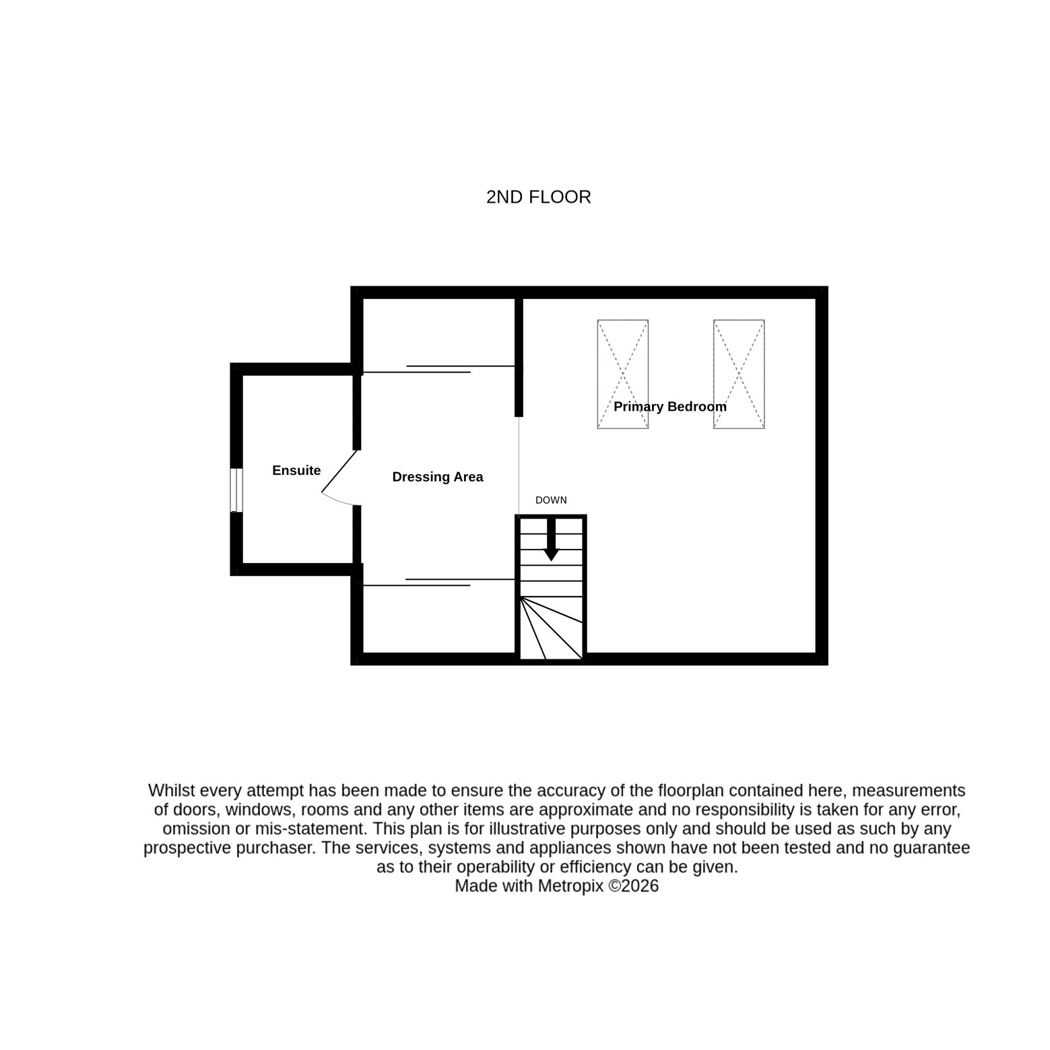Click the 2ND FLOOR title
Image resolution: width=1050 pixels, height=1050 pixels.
tap(538, 197)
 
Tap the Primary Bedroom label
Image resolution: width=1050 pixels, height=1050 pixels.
tap(670, 407)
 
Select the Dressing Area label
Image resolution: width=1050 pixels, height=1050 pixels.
tap(438, 477)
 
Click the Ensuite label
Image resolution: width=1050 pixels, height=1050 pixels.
tap(296, 470)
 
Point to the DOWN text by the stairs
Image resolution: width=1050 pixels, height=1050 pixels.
tap(551, 500)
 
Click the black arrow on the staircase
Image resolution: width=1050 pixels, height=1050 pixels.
tap(552, 540)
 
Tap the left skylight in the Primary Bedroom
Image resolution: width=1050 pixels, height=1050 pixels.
tap(623, 374)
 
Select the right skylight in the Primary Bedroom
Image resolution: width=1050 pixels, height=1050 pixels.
tap(739, 374)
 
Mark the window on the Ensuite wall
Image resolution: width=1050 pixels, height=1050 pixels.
tap(236, 490)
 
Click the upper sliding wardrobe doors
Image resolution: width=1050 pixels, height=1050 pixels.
tap(438, 369)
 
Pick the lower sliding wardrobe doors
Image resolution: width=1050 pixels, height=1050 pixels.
tap(438, 582)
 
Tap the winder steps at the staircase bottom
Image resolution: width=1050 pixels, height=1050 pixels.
tap(552, 628)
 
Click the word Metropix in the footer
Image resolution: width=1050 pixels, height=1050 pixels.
tap(570, 886)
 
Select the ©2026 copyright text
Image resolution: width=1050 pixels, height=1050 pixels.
tap(634, 886)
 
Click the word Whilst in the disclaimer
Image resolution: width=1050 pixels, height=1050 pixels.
tap(170, 790)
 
